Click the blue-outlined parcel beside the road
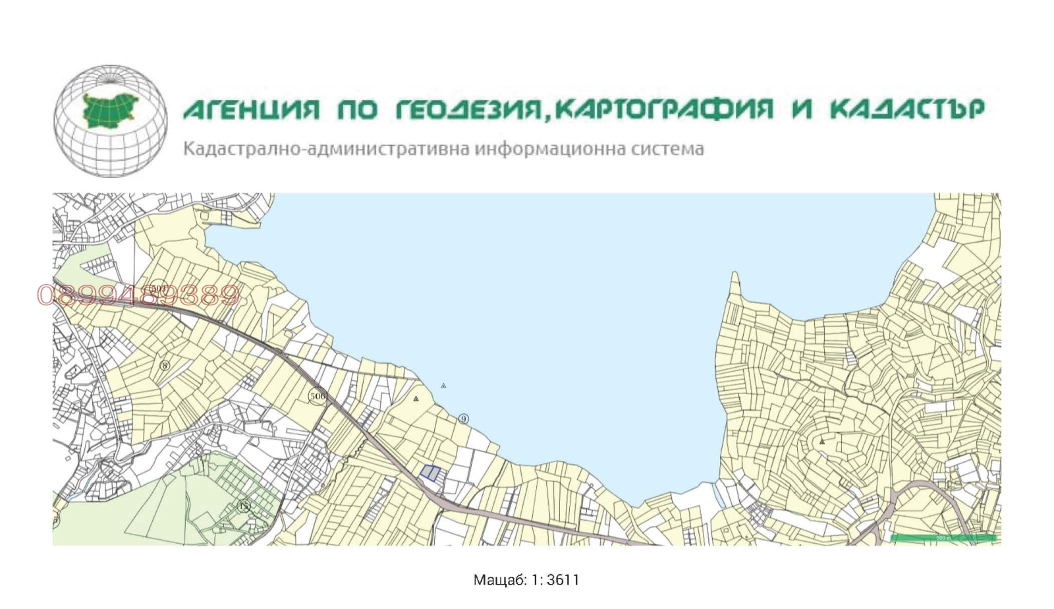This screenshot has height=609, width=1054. point(430,473)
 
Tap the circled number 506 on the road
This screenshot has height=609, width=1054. point(318,396)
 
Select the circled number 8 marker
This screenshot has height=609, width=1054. point(165,365)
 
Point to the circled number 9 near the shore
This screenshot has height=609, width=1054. point(464,419)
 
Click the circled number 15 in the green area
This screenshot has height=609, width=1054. point(244,506)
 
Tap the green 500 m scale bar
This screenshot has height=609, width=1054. point(943,538)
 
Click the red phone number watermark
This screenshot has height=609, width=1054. point(138,295)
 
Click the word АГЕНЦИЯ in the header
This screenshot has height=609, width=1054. point(251,109)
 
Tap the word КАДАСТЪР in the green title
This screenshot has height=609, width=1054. point(906,109)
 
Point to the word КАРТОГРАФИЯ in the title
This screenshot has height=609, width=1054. point(663,109)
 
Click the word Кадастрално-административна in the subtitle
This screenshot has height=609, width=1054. point(326,149)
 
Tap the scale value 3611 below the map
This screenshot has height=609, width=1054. point(563,580)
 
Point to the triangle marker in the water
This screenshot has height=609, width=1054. point(443,386)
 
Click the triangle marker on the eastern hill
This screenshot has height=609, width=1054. point(822,442)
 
